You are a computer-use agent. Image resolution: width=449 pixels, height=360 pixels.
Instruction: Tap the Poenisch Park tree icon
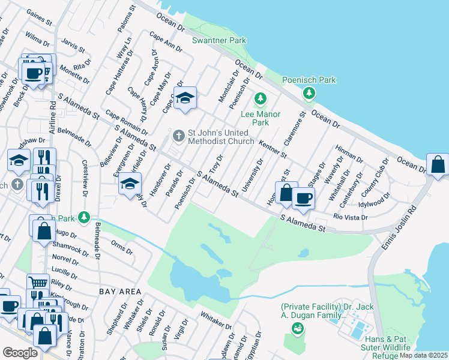[309, 93]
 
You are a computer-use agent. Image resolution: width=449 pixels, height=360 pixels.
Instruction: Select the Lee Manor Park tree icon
[261, 98]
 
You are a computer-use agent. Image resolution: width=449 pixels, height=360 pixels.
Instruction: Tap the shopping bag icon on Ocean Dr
[438, 164]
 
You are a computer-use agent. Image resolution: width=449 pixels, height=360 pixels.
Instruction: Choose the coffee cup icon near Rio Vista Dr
[304, 197]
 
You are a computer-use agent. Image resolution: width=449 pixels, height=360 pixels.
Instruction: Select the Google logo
[20, 353]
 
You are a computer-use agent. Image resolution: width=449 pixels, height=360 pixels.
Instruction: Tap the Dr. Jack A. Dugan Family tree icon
[297, 328]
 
